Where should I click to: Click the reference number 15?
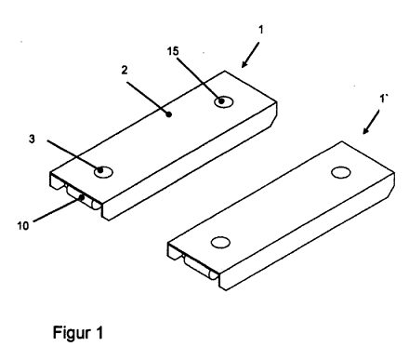173,51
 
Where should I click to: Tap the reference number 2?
125,70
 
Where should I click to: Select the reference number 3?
32,139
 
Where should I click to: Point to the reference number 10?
22,226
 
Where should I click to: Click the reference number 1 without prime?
261,30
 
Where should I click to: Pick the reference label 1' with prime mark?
384,99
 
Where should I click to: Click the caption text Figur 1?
78,333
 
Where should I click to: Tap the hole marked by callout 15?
224,101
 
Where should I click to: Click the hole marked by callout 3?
103,172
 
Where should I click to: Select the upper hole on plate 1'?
341,172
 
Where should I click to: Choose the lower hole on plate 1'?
220,243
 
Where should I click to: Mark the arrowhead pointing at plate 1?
244,64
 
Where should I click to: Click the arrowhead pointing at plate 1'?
366,131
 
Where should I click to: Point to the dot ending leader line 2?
169,114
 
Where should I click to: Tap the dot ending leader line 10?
82,197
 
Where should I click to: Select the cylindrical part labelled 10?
83,197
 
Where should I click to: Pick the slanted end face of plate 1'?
392,184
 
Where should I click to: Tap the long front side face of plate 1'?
307,238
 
